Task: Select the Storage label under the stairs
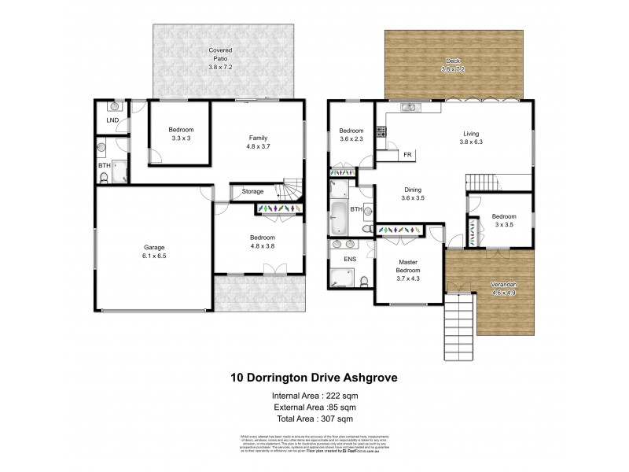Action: tap(252, 191)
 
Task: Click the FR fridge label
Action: tap(407, 155)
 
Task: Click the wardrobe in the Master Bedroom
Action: tap(400, 230)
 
